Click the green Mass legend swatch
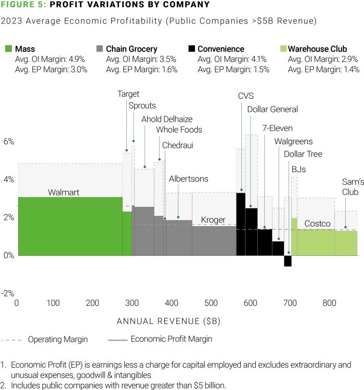[x=8, y=49]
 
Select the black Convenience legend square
[x=192, y=49]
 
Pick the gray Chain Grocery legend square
[x=100, y=49]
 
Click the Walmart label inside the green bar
[x=63, y=192]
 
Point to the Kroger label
[x=213, y=220]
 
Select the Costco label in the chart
[x=317, y=224]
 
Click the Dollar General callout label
[x=272, y=110]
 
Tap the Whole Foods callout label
[x=179, y=130]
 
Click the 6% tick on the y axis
[x=9, y=141]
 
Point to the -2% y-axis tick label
[x=8, y=293]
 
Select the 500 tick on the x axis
[x=210, y=303]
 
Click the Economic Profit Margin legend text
[x=172, y=339]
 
